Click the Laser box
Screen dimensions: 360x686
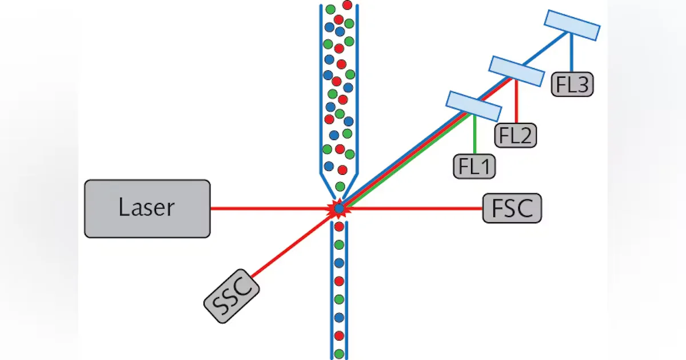pyautogui.click(x=147, y=209)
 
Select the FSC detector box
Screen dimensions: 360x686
pyautogui.click(x=512, y=208)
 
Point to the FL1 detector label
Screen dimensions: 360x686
pyautogui.click(x=474, y=166)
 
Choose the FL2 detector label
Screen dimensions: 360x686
pyautogui.click(x=516, y=136)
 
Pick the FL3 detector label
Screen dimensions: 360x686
pyautogui.click(x=572, y=85)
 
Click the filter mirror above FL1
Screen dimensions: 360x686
pyautogui.click(x=473, y=106)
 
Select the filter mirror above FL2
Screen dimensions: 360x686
pyautogui.click(x=516, y=71)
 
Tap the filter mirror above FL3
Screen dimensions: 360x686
pyautogui.click(x=572, y=25)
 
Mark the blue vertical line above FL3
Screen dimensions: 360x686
pyautogui.click(x=570, y=54)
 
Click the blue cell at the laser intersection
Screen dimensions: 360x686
pyautogui.click(x=339, y=209)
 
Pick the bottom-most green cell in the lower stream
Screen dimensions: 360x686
pyautogui.click(x=339, y=353)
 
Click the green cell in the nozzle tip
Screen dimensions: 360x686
pyautogui.click(x=340, y=186)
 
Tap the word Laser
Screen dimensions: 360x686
pyautogui.click(x=146, y=207)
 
